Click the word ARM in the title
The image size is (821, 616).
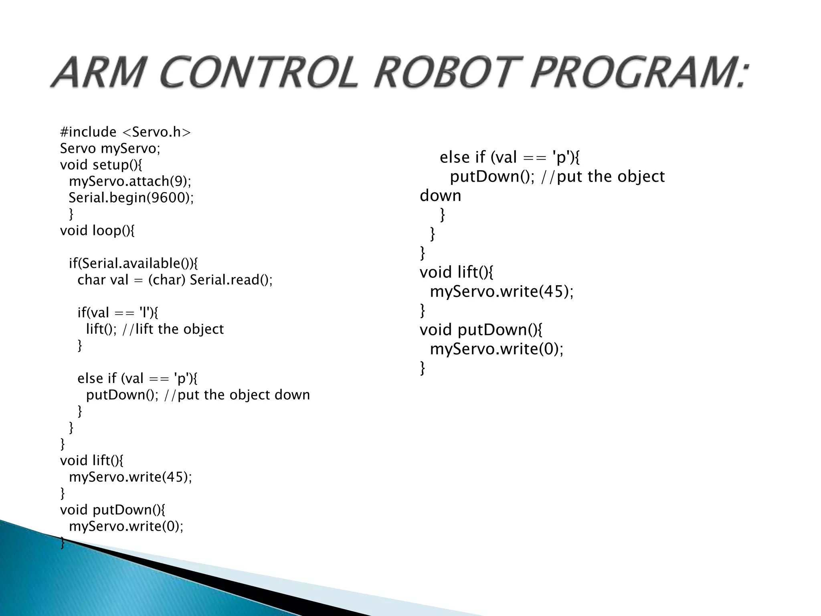click(99, 72)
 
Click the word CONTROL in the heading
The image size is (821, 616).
click(259, 72)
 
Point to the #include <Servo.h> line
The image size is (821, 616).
click(125, 132)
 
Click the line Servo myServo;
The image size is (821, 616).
click(110, 148)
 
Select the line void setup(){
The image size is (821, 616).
click(101, 165)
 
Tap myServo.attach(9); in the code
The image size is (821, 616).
click(130, 181)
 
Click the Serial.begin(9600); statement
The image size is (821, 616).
click(131, 198)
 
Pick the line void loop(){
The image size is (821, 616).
click(97, 231)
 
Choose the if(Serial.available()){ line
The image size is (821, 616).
click(133, 263)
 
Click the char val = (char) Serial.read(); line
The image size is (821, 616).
click(175, 280)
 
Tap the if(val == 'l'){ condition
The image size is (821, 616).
click(117, 312)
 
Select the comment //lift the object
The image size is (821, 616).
click(173, 329)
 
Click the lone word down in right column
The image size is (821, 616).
click(440, 196)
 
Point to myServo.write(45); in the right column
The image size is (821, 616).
click(501, 291)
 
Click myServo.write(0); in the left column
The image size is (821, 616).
click(126, 526)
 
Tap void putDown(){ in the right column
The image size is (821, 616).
click(481, 330)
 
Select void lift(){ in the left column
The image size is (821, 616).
click(92, 460)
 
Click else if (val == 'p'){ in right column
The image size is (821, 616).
click(509, 157)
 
